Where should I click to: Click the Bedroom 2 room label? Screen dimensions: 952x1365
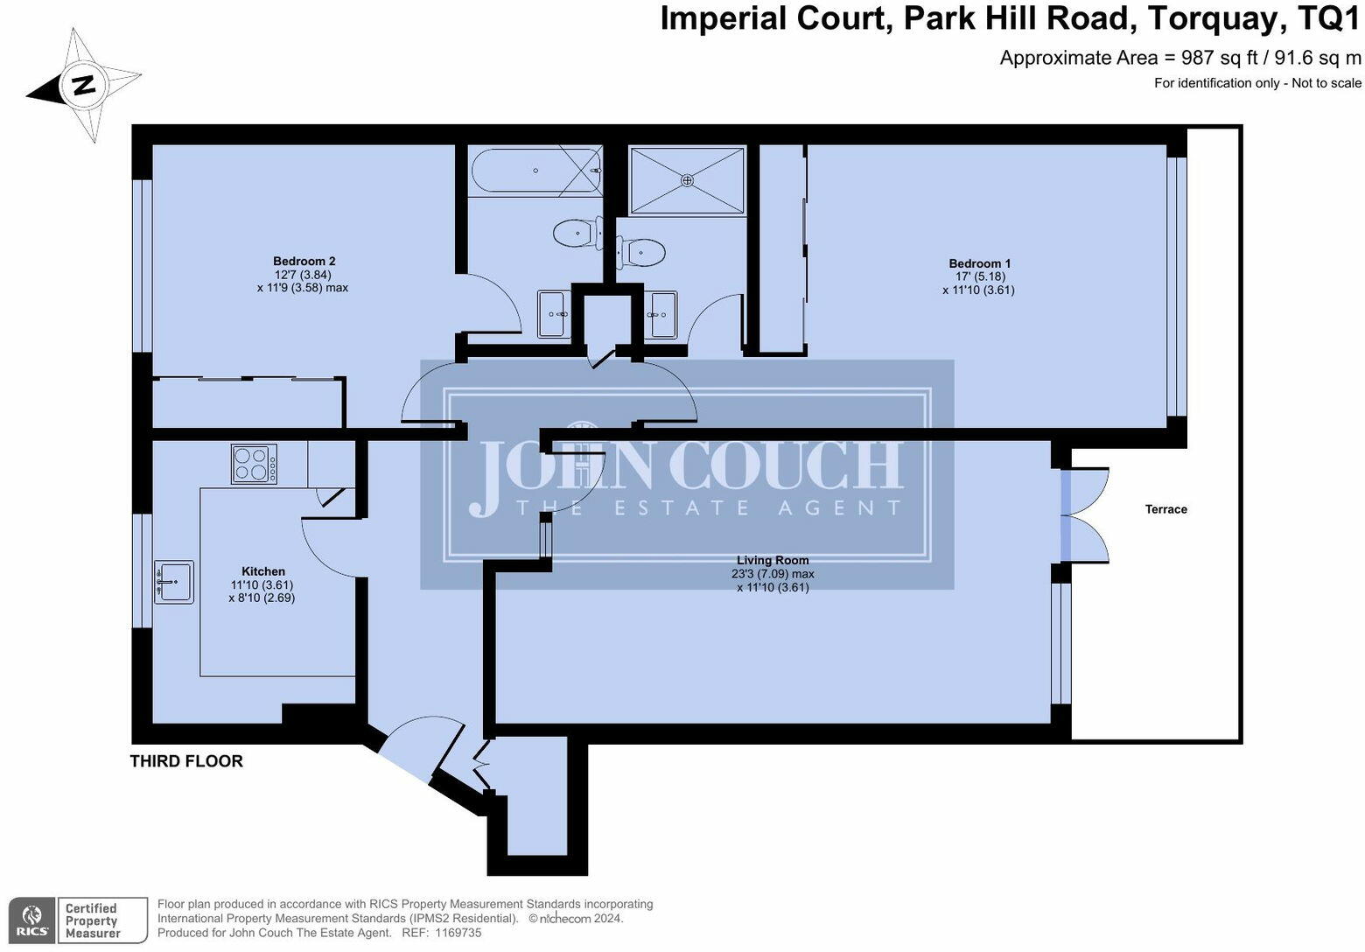pyautogui.click(x=304, y=262)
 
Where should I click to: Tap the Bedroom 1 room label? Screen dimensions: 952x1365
pyautogui.click(x=979, y=263)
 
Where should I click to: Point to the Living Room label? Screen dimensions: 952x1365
pyautogui.click(x=772, y=560)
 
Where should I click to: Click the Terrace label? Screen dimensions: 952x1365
pyautogui.click(x=1165, y=509)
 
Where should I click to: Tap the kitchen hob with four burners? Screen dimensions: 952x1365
pyautogui.click(x=255, y=464)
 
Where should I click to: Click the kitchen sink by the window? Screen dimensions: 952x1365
pyautogui.click(x=174, y=582)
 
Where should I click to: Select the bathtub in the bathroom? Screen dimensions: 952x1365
pyautogui.click(x=535, y=171)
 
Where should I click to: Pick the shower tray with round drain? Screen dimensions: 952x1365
pyautogui.click(x=687, y=180)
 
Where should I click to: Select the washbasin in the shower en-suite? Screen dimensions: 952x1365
pyautogui.click(x=661, y=313)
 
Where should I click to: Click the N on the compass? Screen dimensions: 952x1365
pyautogui.click(x=84, y=86)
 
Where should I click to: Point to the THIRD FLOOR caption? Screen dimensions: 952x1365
pyautogui.click(x=186, y=761)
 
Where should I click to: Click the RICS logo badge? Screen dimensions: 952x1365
pyautogui.click(x=33, y=920)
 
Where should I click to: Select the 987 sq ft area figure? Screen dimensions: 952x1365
pyautogui.click(x=1220, y=58)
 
